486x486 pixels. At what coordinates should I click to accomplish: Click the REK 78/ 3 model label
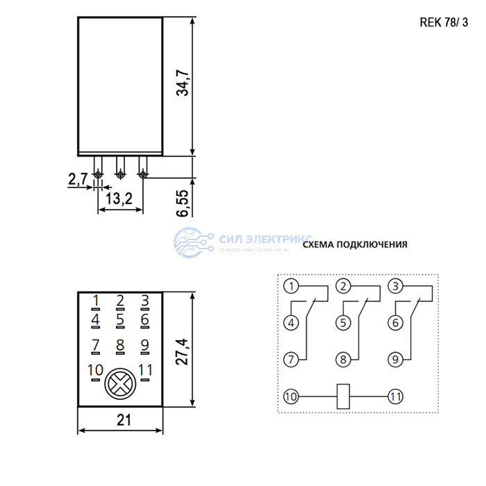444,22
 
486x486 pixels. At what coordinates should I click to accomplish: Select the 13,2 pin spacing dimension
119,199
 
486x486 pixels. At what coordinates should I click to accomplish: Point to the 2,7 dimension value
77,181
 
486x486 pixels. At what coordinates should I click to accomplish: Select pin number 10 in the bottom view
95,370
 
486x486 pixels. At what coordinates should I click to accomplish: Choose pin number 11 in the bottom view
145,370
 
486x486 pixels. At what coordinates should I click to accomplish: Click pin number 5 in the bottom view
120,320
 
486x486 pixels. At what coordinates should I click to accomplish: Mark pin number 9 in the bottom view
144,345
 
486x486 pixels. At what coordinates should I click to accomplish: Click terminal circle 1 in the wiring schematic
291,285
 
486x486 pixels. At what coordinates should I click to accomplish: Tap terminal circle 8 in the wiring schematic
343,359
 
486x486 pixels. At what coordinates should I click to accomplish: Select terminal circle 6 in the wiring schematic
395,322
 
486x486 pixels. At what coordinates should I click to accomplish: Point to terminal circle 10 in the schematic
291,396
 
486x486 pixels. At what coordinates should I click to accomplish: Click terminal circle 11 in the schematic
395,396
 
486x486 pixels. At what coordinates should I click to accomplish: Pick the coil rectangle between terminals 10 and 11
343,396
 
